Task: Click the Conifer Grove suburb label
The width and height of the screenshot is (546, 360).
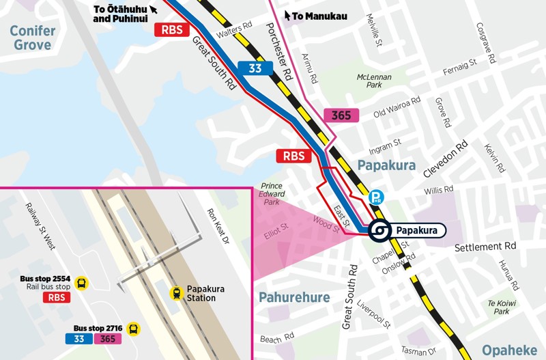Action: coord(31,38)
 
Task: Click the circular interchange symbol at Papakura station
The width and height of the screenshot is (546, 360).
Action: coord(378,231)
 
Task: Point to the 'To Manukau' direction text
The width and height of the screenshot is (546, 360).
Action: coord(320,15)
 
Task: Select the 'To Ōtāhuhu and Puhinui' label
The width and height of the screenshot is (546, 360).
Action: coord(121,14)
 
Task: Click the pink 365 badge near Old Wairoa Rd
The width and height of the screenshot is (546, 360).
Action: coord(341,115)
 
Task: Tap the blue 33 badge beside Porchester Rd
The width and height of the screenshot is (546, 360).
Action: coord(255,68)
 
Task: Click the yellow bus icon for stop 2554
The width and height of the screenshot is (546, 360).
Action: coord(82,283)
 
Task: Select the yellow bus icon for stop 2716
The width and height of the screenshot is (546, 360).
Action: coord(133,329)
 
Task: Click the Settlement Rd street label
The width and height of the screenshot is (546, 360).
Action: coord(485,245)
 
